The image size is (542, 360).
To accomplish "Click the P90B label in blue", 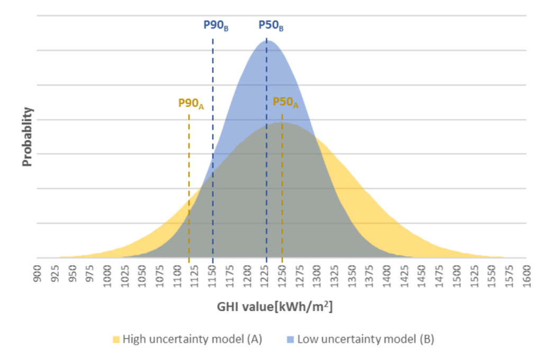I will point(216,25).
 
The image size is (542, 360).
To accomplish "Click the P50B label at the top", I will point(270,25).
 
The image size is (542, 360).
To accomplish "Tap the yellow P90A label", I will point(191,103).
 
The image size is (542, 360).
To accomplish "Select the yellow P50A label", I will point(285,102).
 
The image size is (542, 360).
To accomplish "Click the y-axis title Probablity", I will point(28,137).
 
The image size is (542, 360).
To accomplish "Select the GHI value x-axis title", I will point(274,308).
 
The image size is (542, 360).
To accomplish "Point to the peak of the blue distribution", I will point(266,40).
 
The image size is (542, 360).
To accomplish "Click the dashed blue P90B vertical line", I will point(213,159).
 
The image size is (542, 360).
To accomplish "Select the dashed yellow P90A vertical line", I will point(189,185).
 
